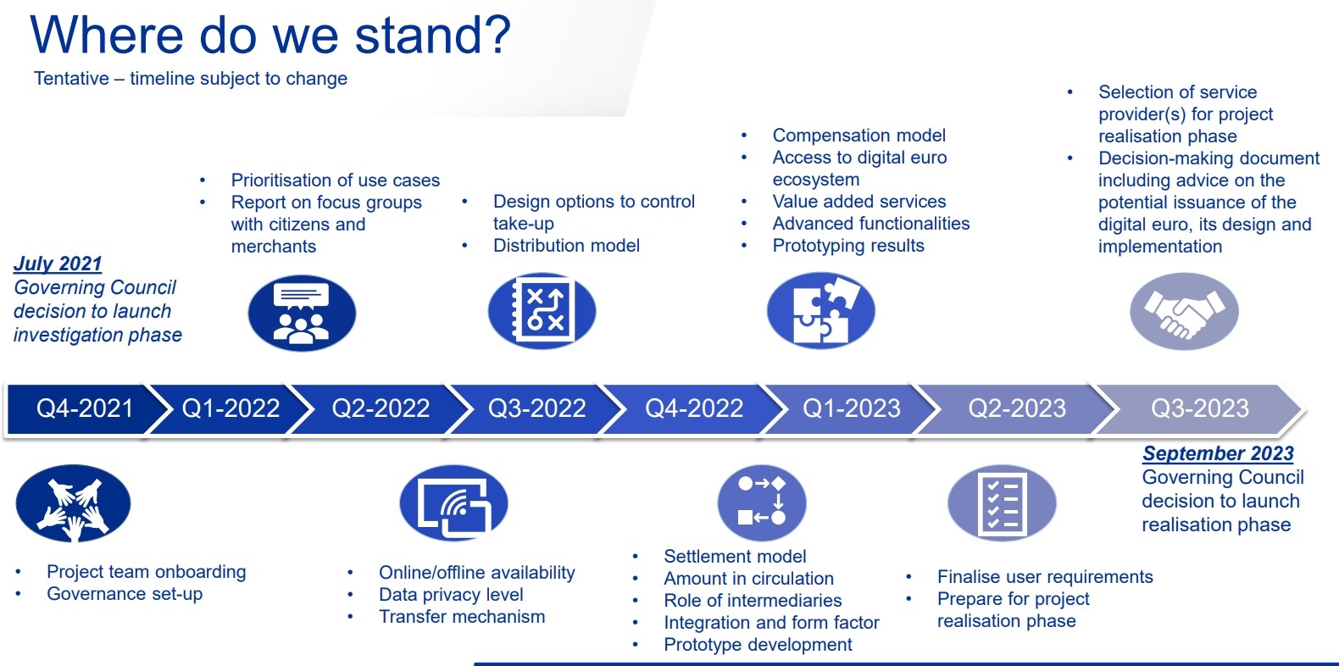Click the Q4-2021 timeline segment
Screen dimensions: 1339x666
tap(84, 408)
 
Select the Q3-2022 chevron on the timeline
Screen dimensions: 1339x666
tap(536, 408)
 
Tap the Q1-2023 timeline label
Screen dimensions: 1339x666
tap(851, 408)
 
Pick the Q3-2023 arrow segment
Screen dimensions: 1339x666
tap(1199, 408)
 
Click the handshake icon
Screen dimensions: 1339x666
tap(1184, 312)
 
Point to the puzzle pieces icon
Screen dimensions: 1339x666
tap(820, 311)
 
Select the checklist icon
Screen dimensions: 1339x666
tap(1002, 503)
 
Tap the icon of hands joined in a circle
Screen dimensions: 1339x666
tap(73, 503)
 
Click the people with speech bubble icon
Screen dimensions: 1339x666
tap(302, 313)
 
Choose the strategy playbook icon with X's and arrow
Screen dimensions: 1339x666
tap(542, 312)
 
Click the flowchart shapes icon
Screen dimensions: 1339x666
tap(762, 503)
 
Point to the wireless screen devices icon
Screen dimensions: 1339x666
tap(453, 503)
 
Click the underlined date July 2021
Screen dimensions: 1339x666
tap(58, 264)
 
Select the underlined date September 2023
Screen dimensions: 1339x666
tap(1218, 454)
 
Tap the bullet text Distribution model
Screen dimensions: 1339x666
tap(566, 246)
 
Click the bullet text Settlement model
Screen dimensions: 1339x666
tap(735, 557)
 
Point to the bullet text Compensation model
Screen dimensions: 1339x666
tap(859, 136)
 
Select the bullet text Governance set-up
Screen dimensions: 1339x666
tap(125, 594)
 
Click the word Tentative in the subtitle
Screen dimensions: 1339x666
tap(71, 78)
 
